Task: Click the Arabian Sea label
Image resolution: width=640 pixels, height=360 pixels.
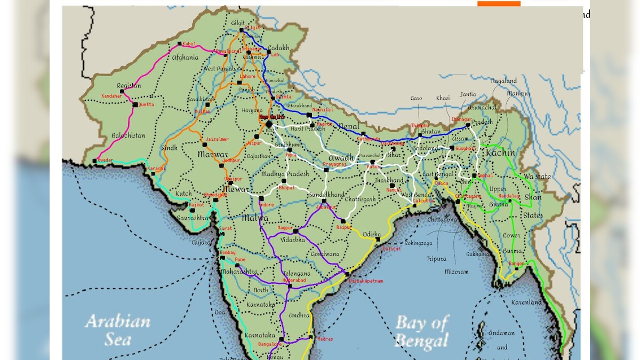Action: click(118, 330)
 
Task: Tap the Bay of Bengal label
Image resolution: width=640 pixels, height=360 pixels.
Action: click(422, 331)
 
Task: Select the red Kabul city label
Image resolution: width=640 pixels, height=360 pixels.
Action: click(189, 44)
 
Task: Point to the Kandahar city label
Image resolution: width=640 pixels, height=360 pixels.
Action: click(113, 96)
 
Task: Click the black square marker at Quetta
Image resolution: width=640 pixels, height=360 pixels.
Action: click(135, 105)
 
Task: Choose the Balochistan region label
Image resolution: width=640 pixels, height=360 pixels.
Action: click(128, 135)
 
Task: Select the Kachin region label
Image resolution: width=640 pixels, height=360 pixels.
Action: click(500, 153)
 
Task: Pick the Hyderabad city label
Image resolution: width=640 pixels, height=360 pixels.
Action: click(293, 279)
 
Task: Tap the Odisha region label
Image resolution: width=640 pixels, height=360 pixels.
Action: click(372, 234)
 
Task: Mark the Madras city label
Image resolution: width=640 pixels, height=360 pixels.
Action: click(324, 339)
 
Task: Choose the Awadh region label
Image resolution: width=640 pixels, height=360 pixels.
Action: click(341, 158)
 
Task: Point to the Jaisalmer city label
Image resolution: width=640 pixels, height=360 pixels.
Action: click(217, 139)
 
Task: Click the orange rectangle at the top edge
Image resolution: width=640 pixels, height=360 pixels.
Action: click(499, 3)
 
